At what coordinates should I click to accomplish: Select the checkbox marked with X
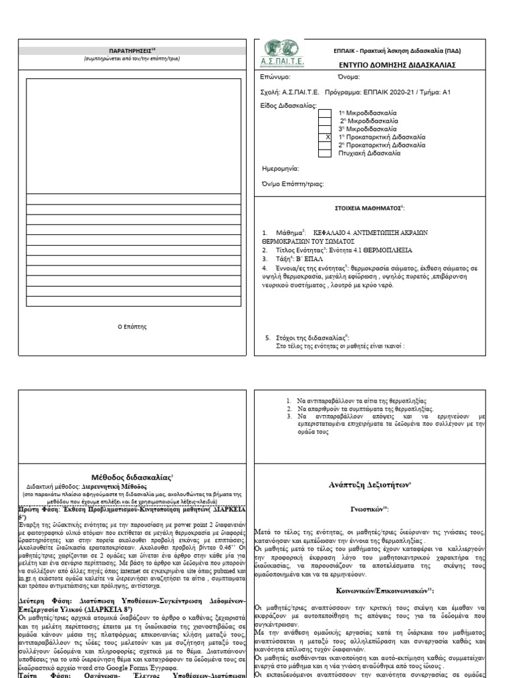325,136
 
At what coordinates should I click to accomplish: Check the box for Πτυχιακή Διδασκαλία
325,152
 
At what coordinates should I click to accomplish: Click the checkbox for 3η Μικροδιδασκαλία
325,128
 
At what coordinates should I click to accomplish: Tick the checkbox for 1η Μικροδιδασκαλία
325,113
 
